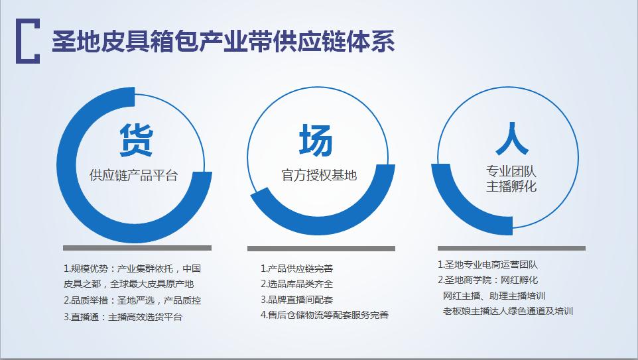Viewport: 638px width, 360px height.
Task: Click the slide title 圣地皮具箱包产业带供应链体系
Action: [x=223, y=42]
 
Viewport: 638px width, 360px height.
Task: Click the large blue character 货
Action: [x=137, y=141]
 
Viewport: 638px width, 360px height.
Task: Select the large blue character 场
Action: [x=316, y=141]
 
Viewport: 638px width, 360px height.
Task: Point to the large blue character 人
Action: [x=512, y=139]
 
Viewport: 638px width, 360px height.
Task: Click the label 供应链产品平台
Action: [x=134, y=175]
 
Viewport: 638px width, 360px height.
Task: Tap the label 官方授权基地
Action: [x=319, y=175]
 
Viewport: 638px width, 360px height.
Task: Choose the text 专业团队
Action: [x=511, y=171]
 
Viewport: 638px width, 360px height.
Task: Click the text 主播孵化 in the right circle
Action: [x=511, y=186]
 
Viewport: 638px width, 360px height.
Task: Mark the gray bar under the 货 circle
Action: [x=137, y=248]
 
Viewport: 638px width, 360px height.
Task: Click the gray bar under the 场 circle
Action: [x=322, y=248]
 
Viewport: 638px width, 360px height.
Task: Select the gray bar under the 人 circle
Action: [x=511, y=248]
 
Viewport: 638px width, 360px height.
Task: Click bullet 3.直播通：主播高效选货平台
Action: [x=123, y=317]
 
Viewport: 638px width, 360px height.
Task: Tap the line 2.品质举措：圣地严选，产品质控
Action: [x=132, y=300]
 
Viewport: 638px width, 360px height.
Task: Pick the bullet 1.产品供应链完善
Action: [x=296, y=269]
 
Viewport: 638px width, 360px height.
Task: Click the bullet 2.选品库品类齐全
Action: [x=296, y=284]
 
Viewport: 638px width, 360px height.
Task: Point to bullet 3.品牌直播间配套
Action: [x=296, y=300]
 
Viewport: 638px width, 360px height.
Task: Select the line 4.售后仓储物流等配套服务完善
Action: [x=325, y=315]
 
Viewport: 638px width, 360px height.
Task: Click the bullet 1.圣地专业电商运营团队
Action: [x=488, y=265]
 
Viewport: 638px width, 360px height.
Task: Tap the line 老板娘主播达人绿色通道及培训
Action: [x=508, y=311]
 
